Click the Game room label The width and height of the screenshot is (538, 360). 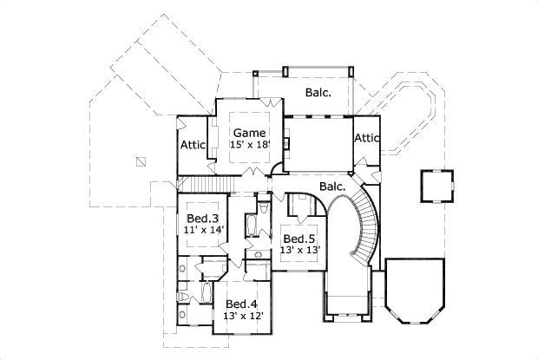tap(248, 133)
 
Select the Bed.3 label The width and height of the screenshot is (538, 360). tap(201, 218)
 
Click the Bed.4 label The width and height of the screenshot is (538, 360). tap(240, 304)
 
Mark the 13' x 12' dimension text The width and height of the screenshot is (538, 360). tap(244, 316)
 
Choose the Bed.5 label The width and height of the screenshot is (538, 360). tap(299, 239)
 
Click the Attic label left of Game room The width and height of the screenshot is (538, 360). tap(193, 146)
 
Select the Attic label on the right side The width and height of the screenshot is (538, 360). tap(367, 138)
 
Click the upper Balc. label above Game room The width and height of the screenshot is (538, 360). tap(318, 91)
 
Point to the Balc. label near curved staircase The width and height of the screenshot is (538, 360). tap(332, 186)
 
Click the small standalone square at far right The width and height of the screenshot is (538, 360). tap(436, 184)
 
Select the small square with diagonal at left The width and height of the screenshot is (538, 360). tap(141, 160)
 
